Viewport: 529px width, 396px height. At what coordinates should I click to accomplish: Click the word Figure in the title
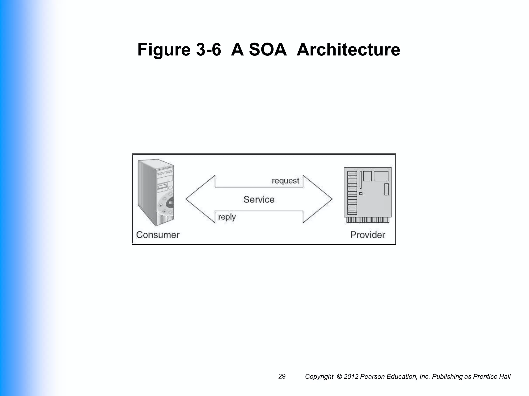pyautogui.click(x=164, y=49)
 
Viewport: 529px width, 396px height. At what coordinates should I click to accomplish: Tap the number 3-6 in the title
pyautogui.click(x=208, y=49)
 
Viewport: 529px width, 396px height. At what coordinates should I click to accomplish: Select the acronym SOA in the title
pyautogui.click(x=268, y=49)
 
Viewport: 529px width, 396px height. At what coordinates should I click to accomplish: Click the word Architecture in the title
pyautogui.click(x=348, y=49)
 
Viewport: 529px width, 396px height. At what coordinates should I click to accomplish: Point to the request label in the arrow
pyautogui.click(x=285, y=181)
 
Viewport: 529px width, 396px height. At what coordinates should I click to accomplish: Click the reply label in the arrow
pyautogui.click(x=227, y=217)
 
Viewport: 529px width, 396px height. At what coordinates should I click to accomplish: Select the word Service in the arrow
pyautogui.click(x=259, y=199)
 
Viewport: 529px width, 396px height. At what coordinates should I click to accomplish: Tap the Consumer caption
pyautogui.click(x=158, y=235)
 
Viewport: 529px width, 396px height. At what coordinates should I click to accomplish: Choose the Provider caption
pyautogui.click(x=368, y=235)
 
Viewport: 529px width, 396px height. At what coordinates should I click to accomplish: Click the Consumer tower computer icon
pyautogui.click(x=156, y=192)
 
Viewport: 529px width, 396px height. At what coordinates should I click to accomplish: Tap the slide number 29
pyautogui.click(x=282, y=376)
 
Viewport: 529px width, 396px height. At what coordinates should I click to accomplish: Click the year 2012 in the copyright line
pyautogui.click(x=351, y=377)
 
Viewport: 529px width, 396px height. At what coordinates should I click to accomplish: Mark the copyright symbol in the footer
pyautogui.click(x=339, y=377)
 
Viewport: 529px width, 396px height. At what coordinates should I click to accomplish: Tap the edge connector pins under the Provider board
pyautogui.click(x=368, y=220)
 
